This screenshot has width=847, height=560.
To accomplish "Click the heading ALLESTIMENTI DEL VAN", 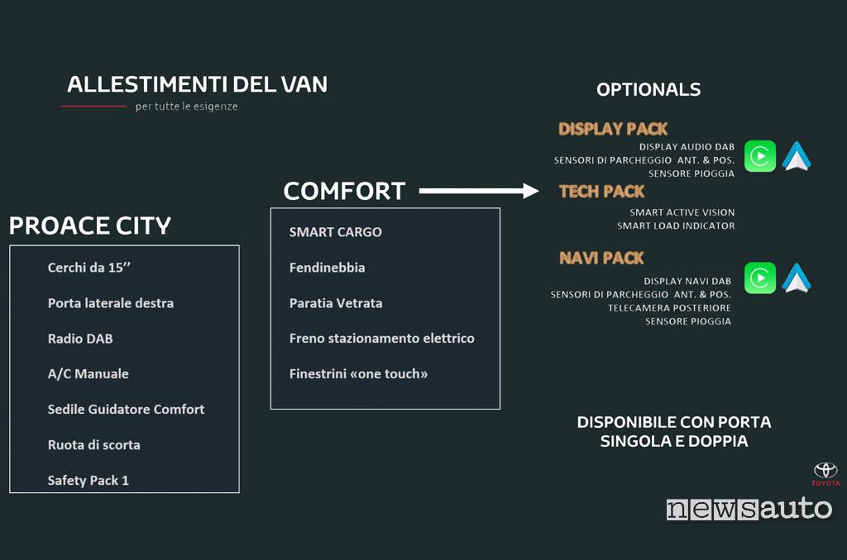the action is [197, 84].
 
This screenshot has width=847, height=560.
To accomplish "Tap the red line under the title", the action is [93, 107].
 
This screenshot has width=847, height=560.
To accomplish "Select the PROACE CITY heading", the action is [90, 225].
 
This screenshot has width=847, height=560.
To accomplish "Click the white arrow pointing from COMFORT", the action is [479, 191].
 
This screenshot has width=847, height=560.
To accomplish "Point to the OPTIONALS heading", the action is [648, 89].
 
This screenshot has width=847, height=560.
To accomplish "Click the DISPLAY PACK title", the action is [613, 129].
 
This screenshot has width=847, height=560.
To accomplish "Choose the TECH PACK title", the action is [602, 192].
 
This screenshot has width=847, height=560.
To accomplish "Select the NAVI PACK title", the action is [602, 258].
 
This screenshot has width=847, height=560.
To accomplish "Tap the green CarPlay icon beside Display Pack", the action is [760, 156].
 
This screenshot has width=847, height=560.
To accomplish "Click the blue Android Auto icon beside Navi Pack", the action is [797, 278].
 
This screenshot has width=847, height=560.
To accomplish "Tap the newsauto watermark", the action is [749, 509].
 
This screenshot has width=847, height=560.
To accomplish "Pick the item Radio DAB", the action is [80, 339].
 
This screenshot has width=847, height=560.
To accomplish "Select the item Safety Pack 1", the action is [88, 481].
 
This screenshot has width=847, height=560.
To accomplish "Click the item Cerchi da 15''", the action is [89, 268].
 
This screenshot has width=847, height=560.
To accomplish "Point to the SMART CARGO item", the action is [336, 232].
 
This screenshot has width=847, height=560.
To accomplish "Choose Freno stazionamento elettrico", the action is [382, 339].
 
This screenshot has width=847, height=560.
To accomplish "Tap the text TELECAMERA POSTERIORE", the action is [669, 308].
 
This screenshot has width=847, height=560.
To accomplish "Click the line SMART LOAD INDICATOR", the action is [676, 226].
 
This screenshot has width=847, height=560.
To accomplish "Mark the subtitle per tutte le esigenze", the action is [186, 107].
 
